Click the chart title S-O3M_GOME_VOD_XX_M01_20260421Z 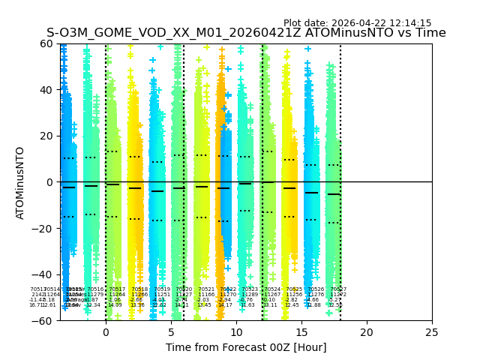[x=246, y=33]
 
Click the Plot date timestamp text [x=357, y=23]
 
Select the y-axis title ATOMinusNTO [x=20, y=182]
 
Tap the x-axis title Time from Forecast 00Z [x=246, y=347]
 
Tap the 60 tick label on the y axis [x=47, y=43]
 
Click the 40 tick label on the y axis [x=47, y=90]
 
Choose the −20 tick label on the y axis [x=44, y=228]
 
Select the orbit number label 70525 [x=294, y=289]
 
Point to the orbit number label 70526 [x=316, y=289]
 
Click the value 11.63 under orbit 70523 [x=247, y=305]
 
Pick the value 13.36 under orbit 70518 [x=137, y=305]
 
